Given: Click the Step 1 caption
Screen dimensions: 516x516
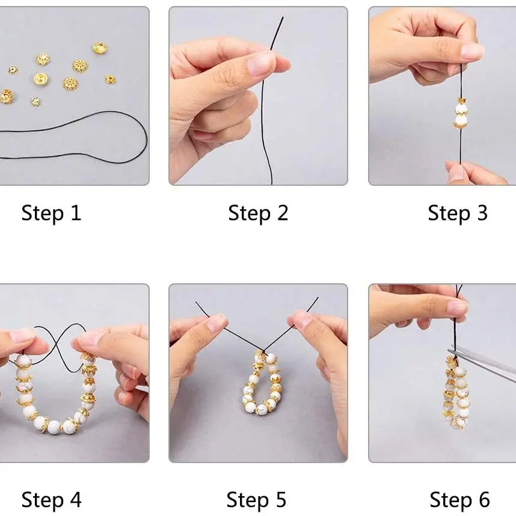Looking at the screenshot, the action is point(51,213).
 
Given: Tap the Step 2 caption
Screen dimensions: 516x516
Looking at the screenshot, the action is point(258,213).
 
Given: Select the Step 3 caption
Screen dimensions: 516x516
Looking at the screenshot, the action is point(458,213).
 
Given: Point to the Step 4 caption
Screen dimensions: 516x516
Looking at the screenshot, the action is point(51,500).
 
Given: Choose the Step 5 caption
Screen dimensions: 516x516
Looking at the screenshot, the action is point(256,500).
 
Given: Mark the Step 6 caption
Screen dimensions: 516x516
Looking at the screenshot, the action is point(459,500).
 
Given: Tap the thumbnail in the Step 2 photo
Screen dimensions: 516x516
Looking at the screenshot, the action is point(262,63).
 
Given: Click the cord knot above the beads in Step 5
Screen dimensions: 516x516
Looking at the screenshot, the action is point(264,352).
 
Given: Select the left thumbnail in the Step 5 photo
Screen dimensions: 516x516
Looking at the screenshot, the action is point(217,322).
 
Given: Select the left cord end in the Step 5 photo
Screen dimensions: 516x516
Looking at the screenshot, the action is point(197,303).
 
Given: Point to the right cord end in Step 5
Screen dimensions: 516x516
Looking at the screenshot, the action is point(317,298).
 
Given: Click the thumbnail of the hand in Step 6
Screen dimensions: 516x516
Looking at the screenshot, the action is point(457,309).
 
